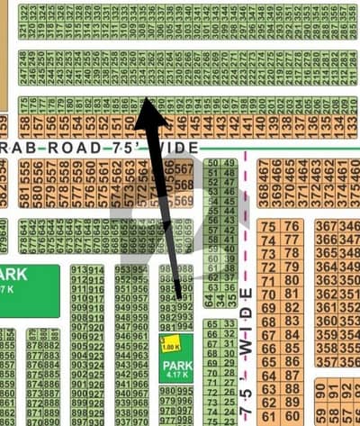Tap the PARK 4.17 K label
[x=173, y=369]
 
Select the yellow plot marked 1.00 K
[x=169, y=344]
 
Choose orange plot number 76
[x=291, y=226]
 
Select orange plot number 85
[x=291, y=348]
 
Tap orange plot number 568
[x=184, y=184]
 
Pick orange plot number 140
[x=259, y=123]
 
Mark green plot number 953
[x=121, y=269]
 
